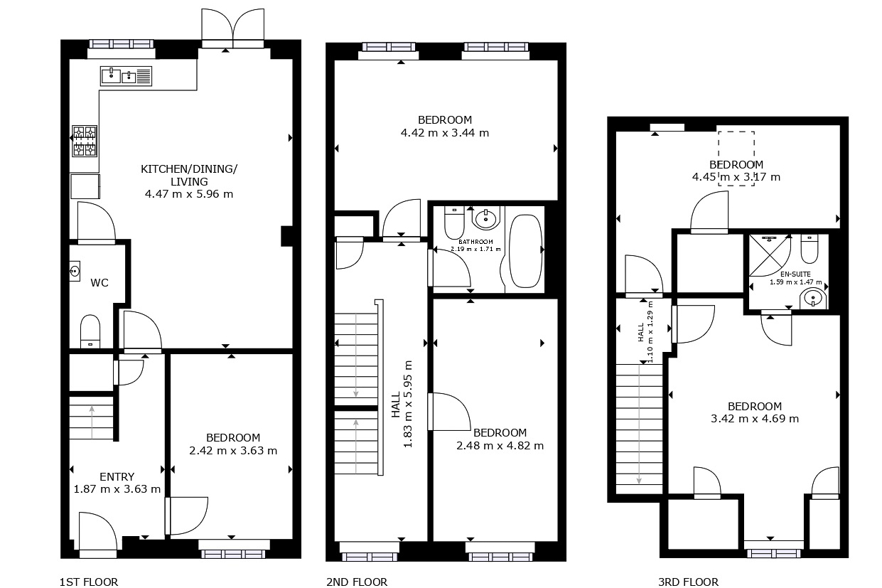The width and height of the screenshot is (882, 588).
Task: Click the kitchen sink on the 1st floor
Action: (x=126, y=76)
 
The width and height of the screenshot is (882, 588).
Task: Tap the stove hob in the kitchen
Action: (x=85, y=141)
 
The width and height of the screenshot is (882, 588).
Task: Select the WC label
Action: (x=100, y=282)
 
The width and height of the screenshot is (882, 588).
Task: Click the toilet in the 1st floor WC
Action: (x=90, y=331)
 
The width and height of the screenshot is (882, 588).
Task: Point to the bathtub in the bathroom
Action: (x=526, y=250)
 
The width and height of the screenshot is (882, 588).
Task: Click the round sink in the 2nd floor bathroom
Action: (x=485, y=218)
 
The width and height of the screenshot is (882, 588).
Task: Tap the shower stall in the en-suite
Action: (x=770, y=255)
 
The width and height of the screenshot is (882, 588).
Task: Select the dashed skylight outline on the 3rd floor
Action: (x=736, y=159)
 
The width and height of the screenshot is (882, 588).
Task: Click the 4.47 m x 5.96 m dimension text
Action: (x=189, y=194)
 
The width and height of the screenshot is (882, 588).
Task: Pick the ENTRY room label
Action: (x=117, y=476)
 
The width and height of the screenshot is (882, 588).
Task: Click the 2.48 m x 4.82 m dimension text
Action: (x=500, y=445)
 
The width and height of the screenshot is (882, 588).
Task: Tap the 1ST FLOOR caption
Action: (x=89, y=582)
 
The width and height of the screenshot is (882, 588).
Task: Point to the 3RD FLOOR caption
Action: (x=688, y=582)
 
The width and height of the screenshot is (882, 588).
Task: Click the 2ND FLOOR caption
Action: (x=357, y=582)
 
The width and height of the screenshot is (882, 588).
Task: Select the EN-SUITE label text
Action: (x=795, y=274)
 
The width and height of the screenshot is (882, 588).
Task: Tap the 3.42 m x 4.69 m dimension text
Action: (x=755, y=418)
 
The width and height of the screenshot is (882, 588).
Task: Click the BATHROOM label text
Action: (x=475, y=242)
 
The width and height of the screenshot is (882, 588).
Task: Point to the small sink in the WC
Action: (x=75, y=271)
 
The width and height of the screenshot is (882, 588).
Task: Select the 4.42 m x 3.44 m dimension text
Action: (x=445, y=133)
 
